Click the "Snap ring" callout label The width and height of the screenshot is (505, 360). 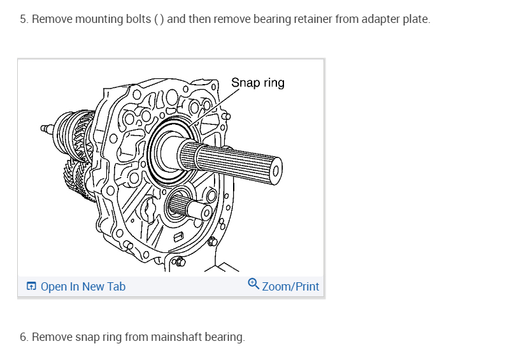pos(257,83)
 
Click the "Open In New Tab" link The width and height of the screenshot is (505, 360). pos(83,287)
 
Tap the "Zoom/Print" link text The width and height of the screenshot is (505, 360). pos(290,287)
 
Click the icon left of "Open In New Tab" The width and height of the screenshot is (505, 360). pos(31,287)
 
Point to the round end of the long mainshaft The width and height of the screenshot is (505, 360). pos(275,169)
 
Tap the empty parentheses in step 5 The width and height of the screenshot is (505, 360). pos(159,19)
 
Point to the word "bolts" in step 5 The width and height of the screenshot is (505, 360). pos(138,19)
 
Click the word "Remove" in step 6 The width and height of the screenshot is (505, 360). pos(50,337)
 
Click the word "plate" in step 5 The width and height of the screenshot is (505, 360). pos(416,19)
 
